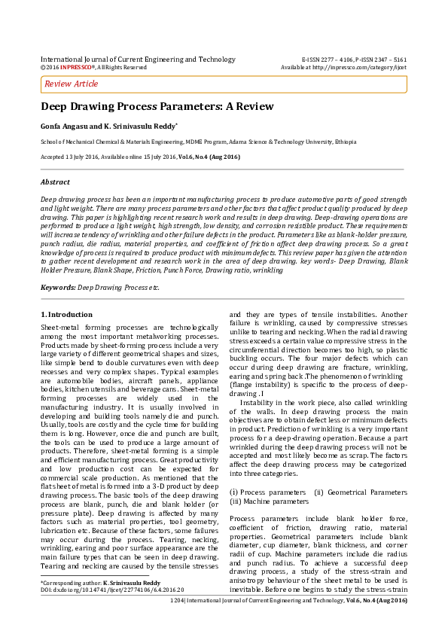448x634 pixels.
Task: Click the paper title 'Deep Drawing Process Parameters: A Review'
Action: pyautogui.click(x=157, y=107)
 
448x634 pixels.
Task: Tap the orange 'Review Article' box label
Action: pyautogui.click(x=72, y=84)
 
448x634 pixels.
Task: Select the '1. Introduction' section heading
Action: pyautogui.click(x=66, y=314)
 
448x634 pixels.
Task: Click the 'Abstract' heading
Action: pyautogui.click(x=55, y=182)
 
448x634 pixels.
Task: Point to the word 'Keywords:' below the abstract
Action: pyautogui.click(x=58, y=288)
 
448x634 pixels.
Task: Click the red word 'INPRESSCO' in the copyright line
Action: pyautogui.click(x=76, y=67)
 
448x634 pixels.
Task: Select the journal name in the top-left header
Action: pyautogui.click(x=138, y=59)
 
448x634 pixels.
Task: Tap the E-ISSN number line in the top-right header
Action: pyautogui.click(x=354, y=59)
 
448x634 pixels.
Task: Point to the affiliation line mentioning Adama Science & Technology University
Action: pyautogui.click(x=199, y=142)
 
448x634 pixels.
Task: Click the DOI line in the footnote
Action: pyautogui.click(x=111, y=590)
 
